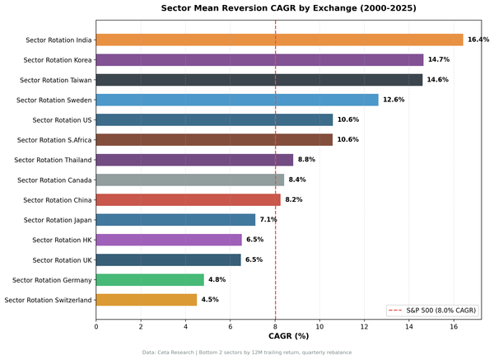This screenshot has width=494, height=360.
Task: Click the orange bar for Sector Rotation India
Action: [279, 40]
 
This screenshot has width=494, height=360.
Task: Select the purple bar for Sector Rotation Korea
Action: [259, 59]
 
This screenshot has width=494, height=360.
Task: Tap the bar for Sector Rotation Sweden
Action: [237, 100]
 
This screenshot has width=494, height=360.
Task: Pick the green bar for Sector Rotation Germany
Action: [150, 280]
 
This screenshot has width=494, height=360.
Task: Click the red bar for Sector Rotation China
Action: [188, 200]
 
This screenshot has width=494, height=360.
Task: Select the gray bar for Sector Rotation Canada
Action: [189, 180]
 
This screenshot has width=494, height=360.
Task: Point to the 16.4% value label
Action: [478, 40]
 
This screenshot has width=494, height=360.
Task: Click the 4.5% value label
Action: [210, 300]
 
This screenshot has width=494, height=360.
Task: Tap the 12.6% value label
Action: [394, 100]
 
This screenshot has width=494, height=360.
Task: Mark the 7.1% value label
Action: [268, 220]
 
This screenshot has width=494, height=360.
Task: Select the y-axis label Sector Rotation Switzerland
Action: [48, 300]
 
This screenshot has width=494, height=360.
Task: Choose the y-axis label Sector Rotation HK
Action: [62, 240]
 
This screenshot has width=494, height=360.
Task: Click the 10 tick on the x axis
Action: [319, 325]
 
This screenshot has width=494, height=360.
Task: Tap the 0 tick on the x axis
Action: [96, 325]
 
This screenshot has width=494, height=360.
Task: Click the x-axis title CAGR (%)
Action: [288, 336]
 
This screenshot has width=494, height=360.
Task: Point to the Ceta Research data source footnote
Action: [247, 353]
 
